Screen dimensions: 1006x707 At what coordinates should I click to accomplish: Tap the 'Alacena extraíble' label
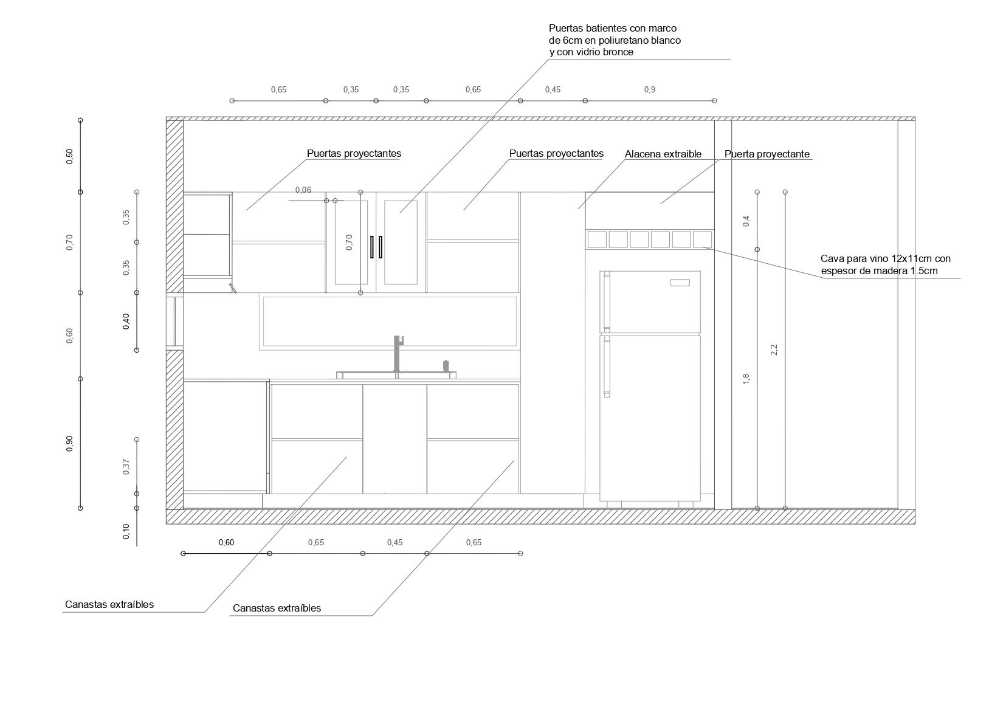click(663, 154)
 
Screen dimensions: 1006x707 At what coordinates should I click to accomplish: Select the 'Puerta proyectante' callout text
click(767, 154)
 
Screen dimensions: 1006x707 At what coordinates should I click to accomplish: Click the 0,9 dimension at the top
click(649, 90)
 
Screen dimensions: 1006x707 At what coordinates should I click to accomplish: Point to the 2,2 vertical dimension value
click(774, 350)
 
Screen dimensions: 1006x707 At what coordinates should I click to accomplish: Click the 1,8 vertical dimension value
click(746, 378)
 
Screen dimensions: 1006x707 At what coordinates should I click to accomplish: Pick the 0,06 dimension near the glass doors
click(303, 190)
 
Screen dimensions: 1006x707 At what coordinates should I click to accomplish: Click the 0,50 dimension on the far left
click(70, 156)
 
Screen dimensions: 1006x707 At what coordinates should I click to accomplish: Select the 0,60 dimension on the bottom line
click(226, 542)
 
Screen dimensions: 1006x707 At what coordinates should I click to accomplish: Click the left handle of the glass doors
click(372, 247)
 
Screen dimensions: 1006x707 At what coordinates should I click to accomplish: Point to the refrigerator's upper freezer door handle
click(606, 302)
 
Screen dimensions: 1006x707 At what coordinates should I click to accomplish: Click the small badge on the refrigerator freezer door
click(680, 283)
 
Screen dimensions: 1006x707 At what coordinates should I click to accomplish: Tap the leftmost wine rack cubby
click(597, 240)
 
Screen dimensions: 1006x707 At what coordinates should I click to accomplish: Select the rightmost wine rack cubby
click(702, 240)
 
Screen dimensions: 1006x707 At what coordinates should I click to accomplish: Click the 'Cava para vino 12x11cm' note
click(885, 264)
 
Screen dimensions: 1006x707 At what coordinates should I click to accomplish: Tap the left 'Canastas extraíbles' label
click(109, 604)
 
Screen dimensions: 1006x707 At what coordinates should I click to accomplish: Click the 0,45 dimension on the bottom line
click(394, 542)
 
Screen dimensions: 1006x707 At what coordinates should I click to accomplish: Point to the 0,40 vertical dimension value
click(126, 321)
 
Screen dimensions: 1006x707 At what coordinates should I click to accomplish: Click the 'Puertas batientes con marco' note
click(614, 40)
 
